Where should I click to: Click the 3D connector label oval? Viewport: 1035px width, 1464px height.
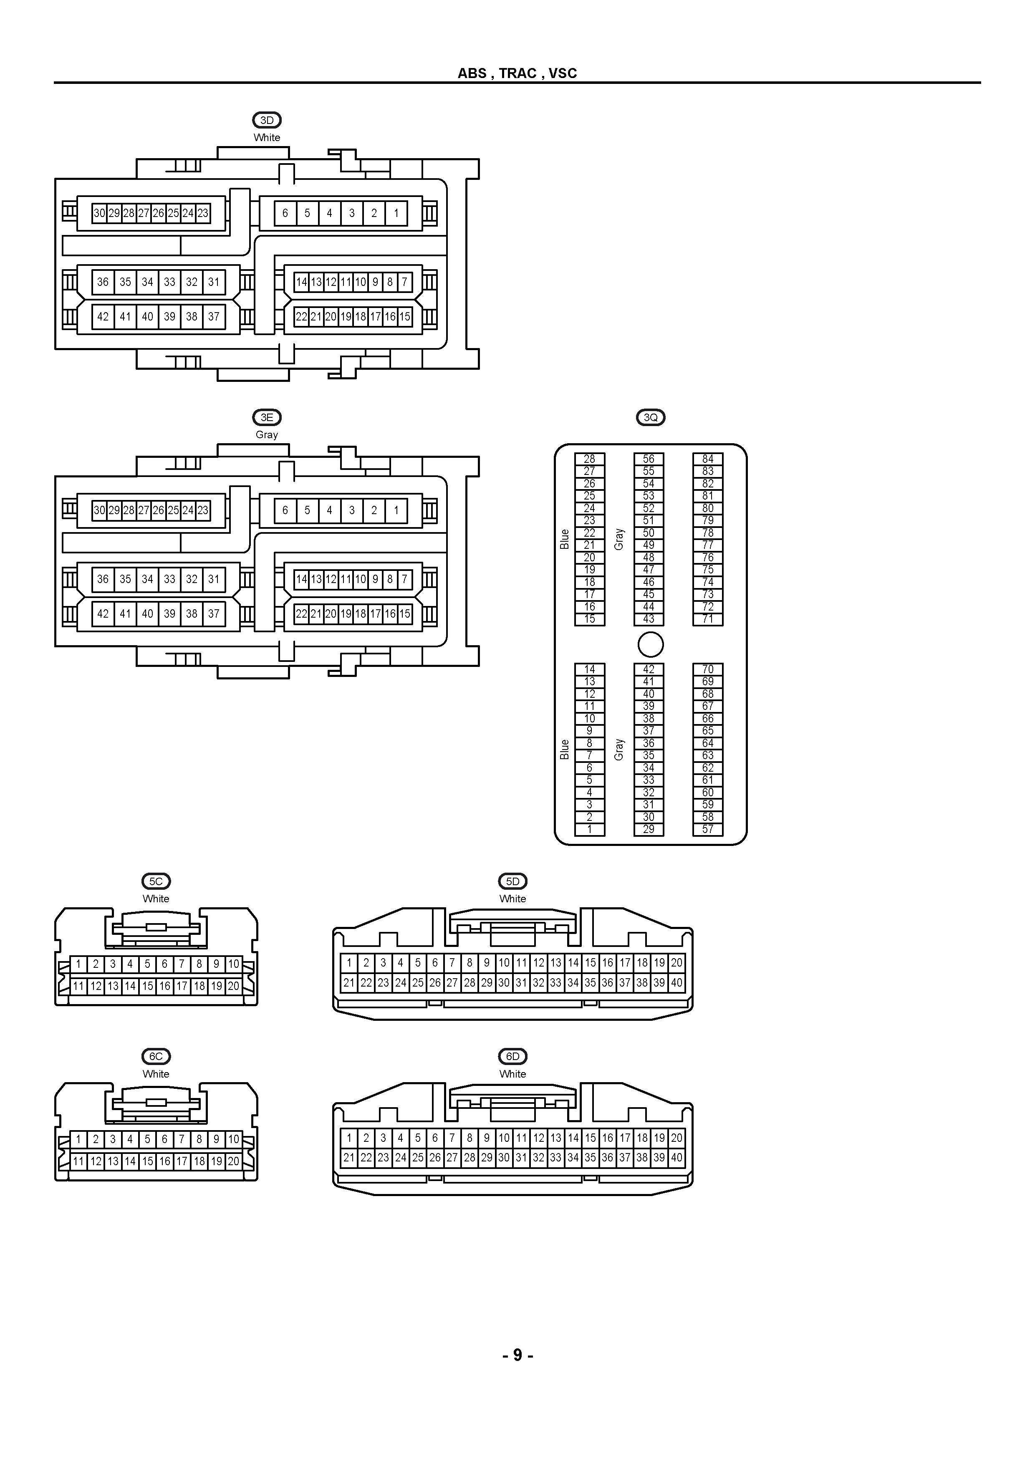click(x=267, y=120)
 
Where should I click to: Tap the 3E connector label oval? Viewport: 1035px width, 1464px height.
click(x=267, y=417)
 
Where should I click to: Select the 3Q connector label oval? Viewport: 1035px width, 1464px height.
click(x=651, y=417)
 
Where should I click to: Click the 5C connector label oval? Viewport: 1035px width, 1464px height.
click(x=156, y=881)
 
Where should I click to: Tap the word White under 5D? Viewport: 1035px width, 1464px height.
click(x=513, y=899)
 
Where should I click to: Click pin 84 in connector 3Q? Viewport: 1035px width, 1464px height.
click(x=708, y=459)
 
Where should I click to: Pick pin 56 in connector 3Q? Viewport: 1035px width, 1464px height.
click(x=649, y=459)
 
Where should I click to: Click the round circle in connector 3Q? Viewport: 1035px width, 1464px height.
click(x=651, y=644)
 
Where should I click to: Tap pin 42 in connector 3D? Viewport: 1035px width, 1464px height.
click(x=103, y=316)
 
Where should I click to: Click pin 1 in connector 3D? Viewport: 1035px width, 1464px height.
click(x=396, y=213)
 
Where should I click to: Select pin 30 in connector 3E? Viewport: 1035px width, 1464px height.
click(x=99, y=510)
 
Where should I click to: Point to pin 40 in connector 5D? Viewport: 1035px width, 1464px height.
click(x=677, y=982)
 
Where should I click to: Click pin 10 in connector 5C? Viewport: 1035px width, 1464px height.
click(x=233, y=964)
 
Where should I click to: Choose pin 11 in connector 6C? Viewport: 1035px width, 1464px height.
click(x=78, y=1161)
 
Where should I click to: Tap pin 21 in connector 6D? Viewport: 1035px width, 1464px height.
click(x=349, y=1157)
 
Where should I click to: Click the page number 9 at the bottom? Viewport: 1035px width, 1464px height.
click(x=517, y=1355)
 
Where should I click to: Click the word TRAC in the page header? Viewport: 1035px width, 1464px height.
click(x=518, y=73)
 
